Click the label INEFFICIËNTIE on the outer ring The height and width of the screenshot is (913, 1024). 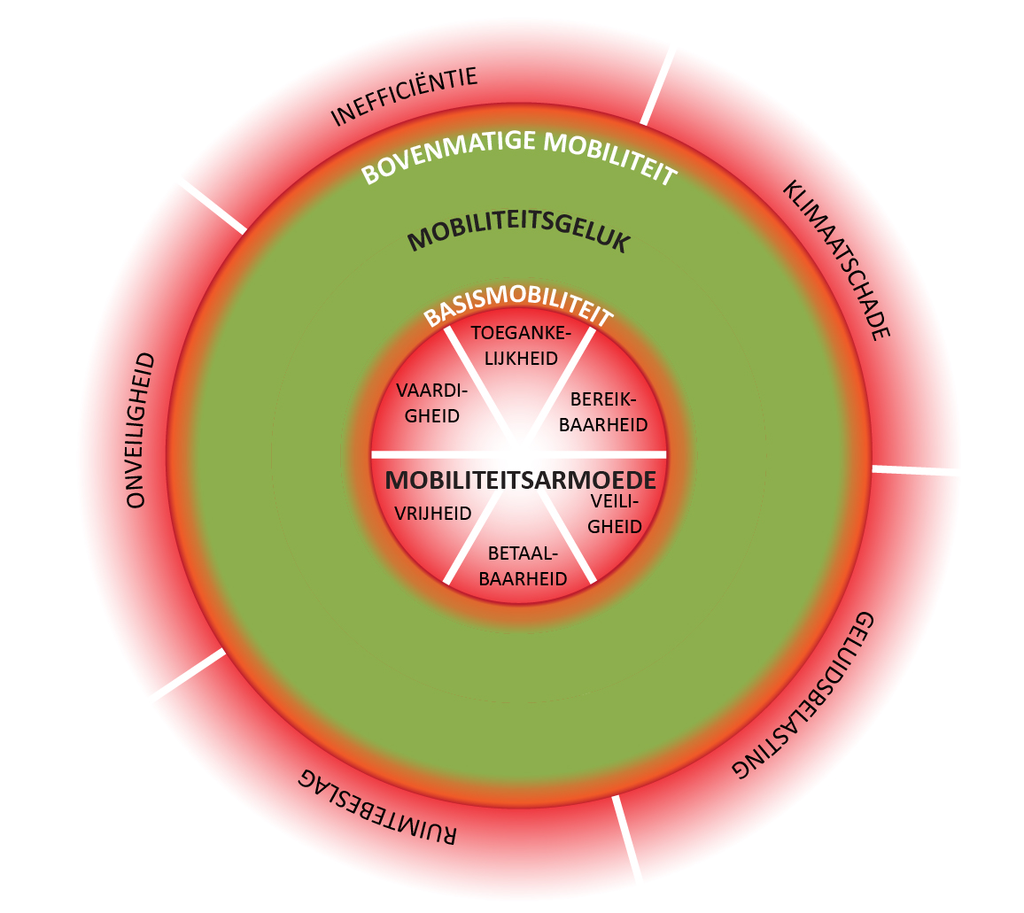tap(404, 97)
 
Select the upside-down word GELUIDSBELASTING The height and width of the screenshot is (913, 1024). tap(806, 694)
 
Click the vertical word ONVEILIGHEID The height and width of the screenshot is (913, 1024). tap(140, 430)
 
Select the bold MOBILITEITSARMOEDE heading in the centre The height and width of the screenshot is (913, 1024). tap(521, 480)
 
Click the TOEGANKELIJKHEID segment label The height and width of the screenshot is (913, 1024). tap(519, 346)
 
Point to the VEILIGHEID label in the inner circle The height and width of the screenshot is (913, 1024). tap(614, 514)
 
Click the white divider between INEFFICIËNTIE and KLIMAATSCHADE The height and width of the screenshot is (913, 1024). tap(656, 87)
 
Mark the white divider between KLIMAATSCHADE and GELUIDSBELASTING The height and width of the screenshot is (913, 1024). tap(917, 469)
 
